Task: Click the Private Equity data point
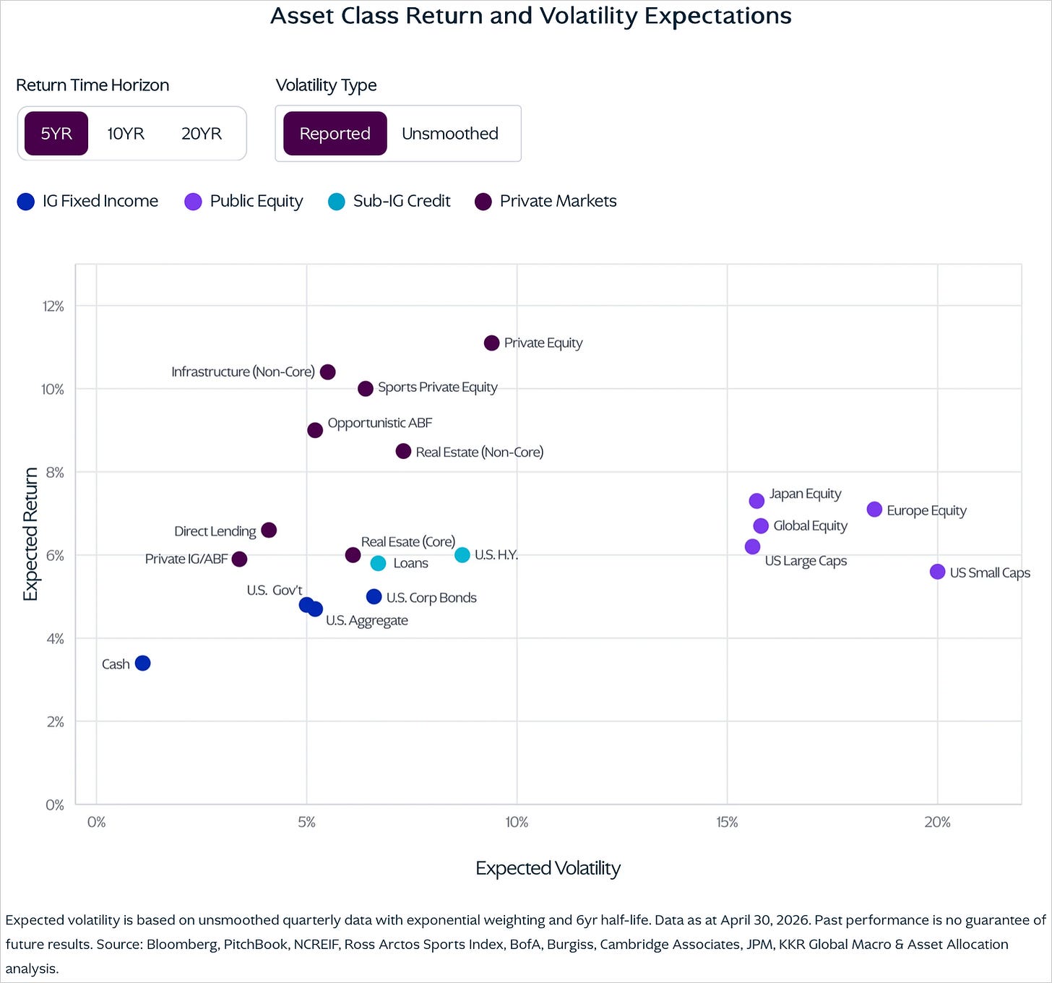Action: pos(491,343)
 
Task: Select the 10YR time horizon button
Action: pos(126,134)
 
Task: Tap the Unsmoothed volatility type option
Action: pos(449,134)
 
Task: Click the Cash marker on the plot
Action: pos(142,663)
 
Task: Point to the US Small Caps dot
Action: pos(937,572)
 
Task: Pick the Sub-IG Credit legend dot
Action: pos(337,202)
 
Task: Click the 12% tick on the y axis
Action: pos(53,306)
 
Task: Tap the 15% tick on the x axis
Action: pos(727,822)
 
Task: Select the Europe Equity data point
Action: pos(874,510)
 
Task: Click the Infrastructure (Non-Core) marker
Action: pos(328,372)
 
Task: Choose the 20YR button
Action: pos(202,134)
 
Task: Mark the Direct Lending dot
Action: pos(269,530)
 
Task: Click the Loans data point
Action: pos(378,563)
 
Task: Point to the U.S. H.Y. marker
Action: pos(462,555)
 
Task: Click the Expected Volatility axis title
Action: pos(548,869)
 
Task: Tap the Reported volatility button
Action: pos(335,134)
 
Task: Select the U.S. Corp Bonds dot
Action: pos(374,597)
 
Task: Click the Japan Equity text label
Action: pos(805,494)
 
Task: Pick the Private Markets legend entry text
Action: pos(559,202)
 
